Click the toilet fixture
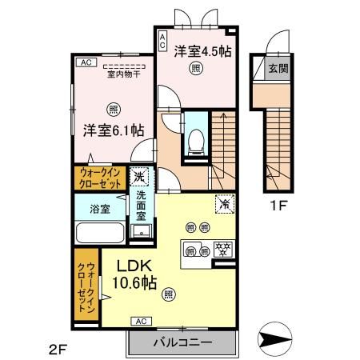click(195, 141)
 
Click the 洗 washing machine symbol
click(140, 176)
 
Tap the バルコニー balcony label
click(182, 342)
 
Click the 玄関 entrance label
click(278, 68)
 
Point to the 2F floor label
click(57, 348)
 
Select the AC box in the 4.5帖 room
click(162, 38)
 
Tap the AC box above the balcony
click(141, 321)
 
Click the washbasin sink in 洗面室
click(142, 233)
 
